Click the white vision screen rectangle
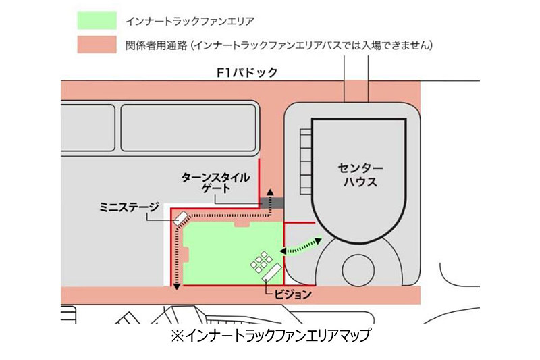coord(273,271)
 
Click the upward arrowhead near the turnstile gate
coord(271,192)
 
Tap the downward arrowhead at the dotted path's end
coord(177,287)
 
